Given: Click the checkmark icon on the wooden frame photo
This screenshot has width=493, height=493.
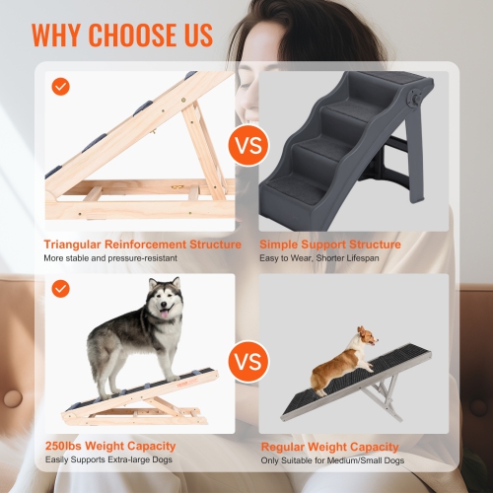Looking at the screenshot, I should click(x=61, y=87).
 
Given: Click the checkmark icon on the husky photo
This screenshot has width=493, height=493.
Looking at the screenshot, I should click(x=61, y=288).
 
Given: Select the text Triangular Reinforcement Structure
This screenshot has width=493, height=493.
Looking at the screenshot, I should click(x=143, y=244).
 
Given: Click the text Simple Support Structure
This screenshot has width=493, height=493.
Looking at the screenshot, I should click(x=330, y=244).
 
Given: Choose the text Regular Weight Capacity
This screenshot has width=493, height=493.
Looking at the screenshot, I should click(x=330, y=447).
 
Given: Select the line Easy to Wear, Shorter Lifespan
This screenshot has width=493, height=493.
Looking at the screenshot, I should click(x=318, y=258).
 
